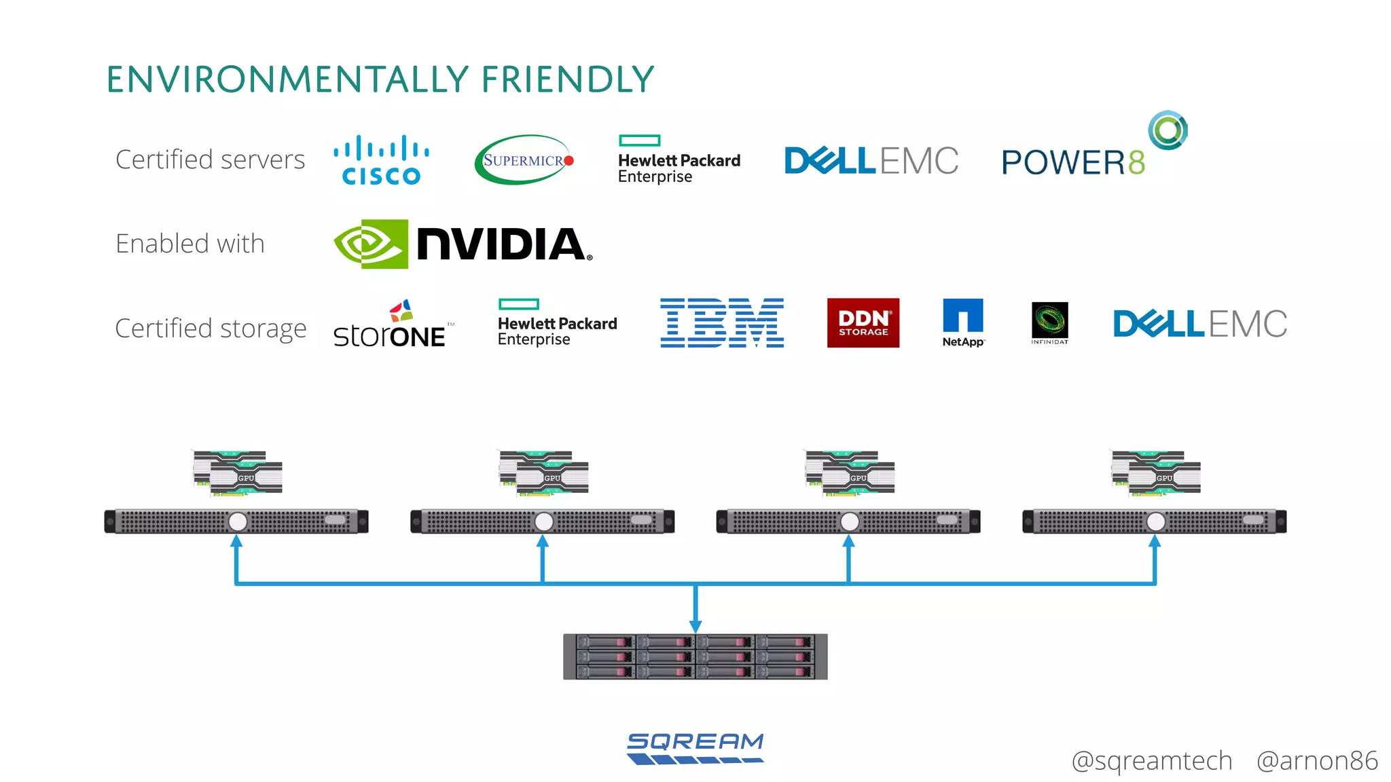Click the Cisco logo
click(x=381, y=160)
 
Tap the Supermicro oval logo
click(x=524, y=160)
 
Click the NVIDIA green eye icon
click(x=371, y=244)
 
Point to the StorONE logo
click(x=391, y=326)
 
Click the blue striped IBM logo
click(x=722, y=323)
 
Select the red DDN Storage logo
click(x=863, y=323)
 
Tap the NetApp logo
click(x=962, y=323)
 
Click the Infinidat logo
click(x=1049, y=322)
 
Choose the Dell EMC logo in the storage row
click(x=1199, y=324)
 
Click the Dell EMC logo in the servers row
click(x=871, y=161)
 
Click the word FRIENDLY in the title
click(x=567, y=79)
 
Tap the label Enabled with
click(x=190, y=244)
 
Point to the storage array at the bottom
click(x=695, y=656)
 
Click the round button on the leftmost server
click(x=238, y=521)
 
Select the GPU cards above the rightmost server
click(x=1156, y=472)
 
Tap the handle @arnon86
click(x=1316, y=761)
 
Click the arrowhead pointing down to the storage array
click(x=695, y=625)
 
